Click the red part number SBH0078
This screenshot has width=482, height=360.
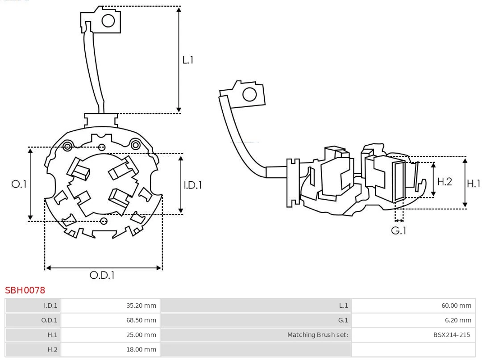pyautogui.click(x=25, y=290)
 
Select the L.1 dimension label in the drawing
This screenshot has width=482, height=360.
pyautogui.click(x=188, y=60)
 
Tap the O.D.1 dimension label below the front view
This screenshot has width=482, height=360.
pyautogui.click(x=102, y=275)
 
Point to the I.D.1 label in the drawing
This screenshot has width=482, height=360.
pyautogui.click(x=193, y=184)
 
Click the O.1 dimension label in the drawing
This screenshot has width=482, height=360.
pyautogui.click(x=19, y=184)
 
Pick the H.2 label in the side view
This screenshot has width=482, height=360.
pyautogui.click(x=445, y=181)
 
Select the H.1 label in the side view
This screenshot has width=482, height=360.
pyautogui.click(x=474, y=183)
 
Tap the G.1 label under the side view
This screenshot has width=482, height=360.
pyautogui.click(x=399, y=230)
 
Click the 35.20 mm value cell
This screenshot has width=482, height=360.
pyautogui.click(x=141, y=306)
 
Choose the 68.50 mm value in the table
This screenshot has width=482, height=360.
pyautogui.click(x=141, y=320)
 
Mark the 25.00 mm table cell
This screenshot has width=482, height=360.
pyautogui.click(x=141, y=335)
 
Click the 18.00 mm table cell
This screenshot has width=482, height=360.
pyautogui.click(x=141, y=349)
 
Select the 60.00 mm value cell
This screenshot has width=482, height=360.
pyautogui.click(x=456, y=306)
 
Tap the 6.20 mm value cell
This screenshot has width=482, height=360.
pyautogui.click(x=458, y=320)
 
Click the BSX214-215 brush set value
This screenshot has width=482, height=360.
pyautogui.click(x=452, y=335)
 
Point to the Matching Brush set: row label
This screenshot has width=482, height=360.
pyautogui.click(x=317, y=335)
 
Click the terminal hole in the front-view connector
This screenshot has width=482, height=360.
pyautogui.click(x=108, y=20)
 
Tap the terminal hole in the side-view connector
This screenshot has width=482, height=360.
pyautogui.click(x=249, y=95)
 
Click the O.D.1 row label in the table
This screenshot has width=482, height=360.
pyautogui.click(x=49, y=320)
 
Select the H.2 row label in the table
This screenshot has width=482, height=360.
pyautogui.click(x=52, y=349)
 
